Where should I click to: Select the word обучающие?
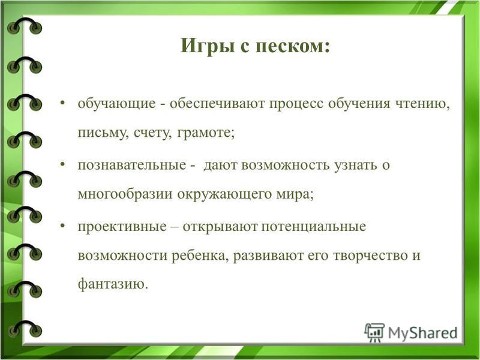click(x=116, y=104)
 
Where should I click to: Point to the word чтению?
click(x=422, y=104)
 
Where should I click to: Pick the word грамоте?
click(x=206, y=133)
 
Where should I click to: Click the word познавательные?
click(x=132, y=165)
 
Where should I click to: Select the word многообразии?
click(x=125, y=194)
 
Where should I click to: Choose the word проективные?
click(x=122, y=227)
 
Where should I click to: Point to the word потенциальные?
click(x=313, y=227)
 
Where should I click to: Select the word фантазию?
click(x=113, y=284)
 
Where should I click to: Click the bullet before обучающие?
click(x=63, y=102)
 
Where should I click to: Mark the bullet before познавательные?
click(x=63, y=164)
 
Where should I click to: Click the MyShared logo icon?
click(x=374, y=333)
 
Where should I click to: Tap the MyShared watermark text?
click(x=423, y=333)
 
